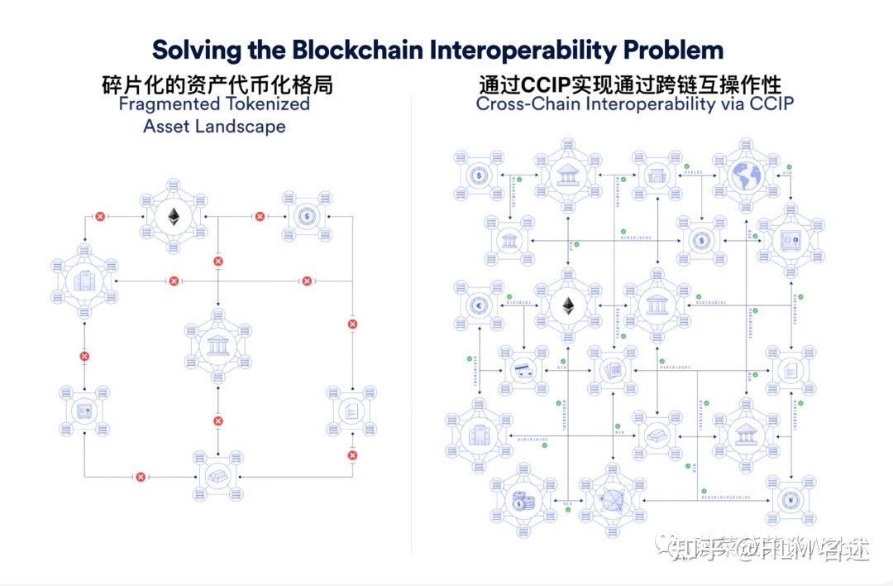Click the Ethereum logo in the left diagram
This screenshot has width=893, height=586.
pos(174,217)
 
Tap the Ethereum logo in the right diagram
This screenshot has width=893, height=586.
pos(568,306)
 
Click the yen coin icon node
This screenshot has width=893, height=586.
pos(790,500)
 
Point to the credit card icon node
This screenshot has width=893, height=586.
pos(523,369)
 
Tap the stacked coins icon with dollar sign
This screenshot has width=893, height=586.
pos(521,502)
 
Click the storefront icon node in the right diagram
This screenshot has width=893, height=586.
pos(657,175)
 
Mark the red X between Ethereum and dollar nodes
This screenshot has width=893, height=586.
pos(260,217)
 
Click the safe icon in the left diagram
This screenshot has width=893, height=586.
pos(84,411)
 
